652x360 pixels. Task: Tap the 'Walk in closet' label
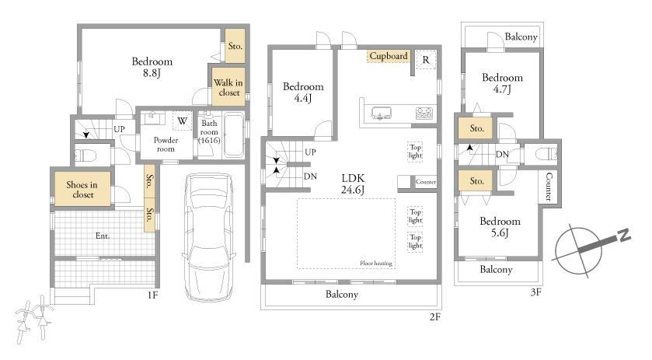tap(228, 87)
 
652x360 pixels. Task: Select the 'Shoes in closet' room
tap(82, 190)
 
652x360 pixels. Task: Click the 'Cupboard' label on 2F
tap(389, 56)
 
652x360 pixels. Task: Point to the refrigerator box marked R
tap(426, 60)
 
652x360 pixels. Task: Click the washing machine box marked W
tap(182, 121)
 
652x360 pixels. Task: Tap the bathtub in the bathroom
tap(234, 135)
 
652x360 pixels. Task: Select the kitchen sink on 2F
tap(382, 114)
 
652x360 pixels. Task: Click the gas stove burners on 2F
tap(424, 113)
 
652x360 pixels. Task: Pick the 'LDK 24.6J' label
tap(353, 184)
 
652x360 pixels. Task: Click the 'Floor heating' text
tap(376, 263)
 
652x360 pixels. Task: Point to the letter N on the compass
tap(624, 235)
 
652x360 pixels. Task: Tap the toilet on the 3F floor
tap(546, 154)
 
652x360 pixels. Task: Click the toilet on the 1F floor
tap(85, 156)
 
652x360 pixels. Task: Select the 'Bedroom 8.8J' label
tap(152, 67)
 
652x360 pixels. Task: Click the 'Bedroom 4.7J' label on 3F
tap(502, 83)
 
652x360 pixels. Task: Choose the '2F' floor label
tap(434, 317)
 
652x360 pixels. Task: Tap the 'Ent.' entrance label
tap(103, 236)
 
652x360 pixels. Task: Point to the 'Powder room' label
tap(166, 145)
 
